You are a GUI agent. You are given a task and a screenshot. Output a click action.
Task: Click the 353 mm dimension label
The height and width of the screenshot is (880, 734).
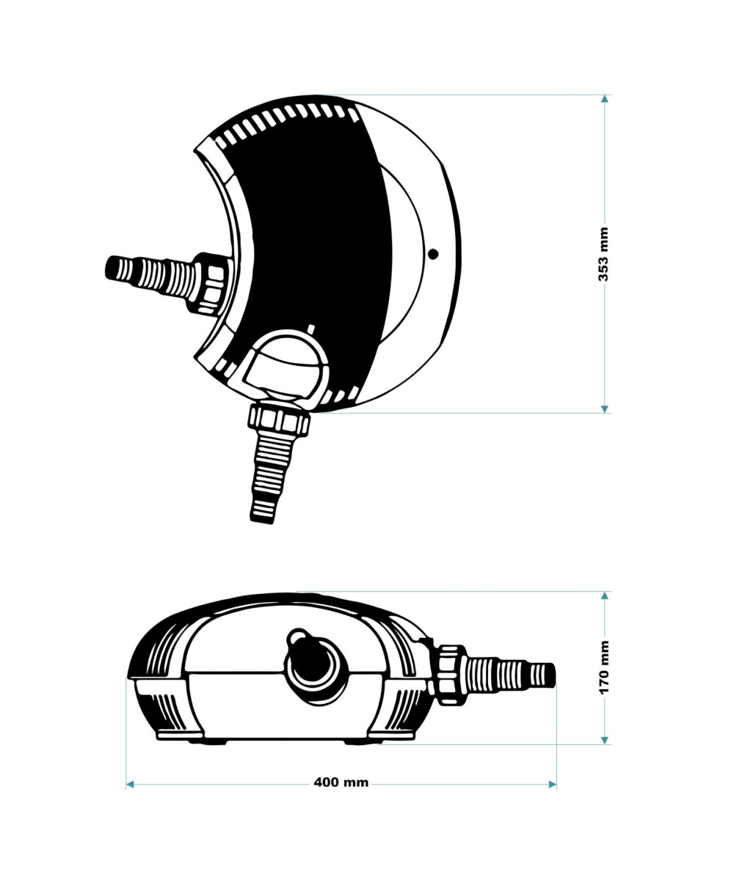tap(603, 254)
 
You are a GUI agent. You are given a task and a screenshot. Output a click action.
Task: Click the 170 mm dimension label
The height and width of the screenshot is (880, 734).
tap(603, 667)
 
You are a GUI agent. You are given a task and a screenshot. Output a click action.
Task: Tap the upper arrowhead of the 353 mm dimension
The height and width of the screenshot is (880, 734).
tap(605, 99)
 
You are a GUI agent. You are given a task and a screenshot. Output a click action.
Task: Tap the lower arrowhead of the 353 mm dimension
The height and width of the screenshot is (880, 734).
tap(605, 408)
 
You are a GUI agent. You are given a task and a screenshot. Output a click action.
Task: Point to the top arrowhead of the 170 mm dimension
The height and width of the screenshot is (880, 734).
tap(605, 595)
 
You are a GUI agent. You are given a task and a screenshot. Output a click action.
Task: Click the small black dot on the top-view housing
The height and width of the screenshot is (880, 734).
tap(433, 254)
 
